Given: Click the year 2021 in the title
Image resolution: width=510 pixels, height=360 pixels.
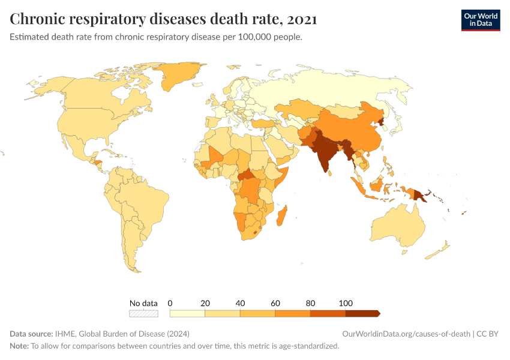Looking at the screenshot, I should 302,19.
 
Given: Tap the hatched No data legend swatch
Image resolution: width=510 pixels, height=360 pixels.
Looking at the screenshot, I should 143,313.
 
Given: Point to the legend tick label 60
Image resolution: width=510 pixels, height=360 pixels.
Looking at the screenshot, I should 275,303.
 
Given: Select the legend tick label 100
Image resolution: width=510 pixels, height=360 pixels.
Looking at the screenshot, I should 346,303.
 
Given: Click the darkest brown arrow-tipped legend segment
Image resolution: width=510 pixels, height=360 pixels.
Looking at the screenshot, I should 362,313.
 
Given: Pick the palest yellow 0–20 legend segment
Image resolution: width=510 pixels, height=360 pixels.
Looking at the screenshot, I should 187,313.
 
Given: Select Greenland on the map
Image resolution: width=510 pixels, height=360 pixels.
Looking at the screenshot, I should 180,75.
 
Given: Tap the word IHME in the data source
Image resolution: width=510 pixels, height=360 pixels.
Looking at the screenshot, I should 65,334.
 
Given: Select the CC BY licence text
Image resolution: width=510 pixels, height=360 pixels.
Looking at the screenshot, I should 488,334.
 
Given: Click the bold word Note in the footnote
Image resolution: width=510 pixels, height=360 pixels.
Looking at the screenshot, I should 19,346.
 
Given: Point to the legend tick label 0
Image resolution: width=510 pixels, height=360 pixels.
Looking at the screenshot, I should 170,303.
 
